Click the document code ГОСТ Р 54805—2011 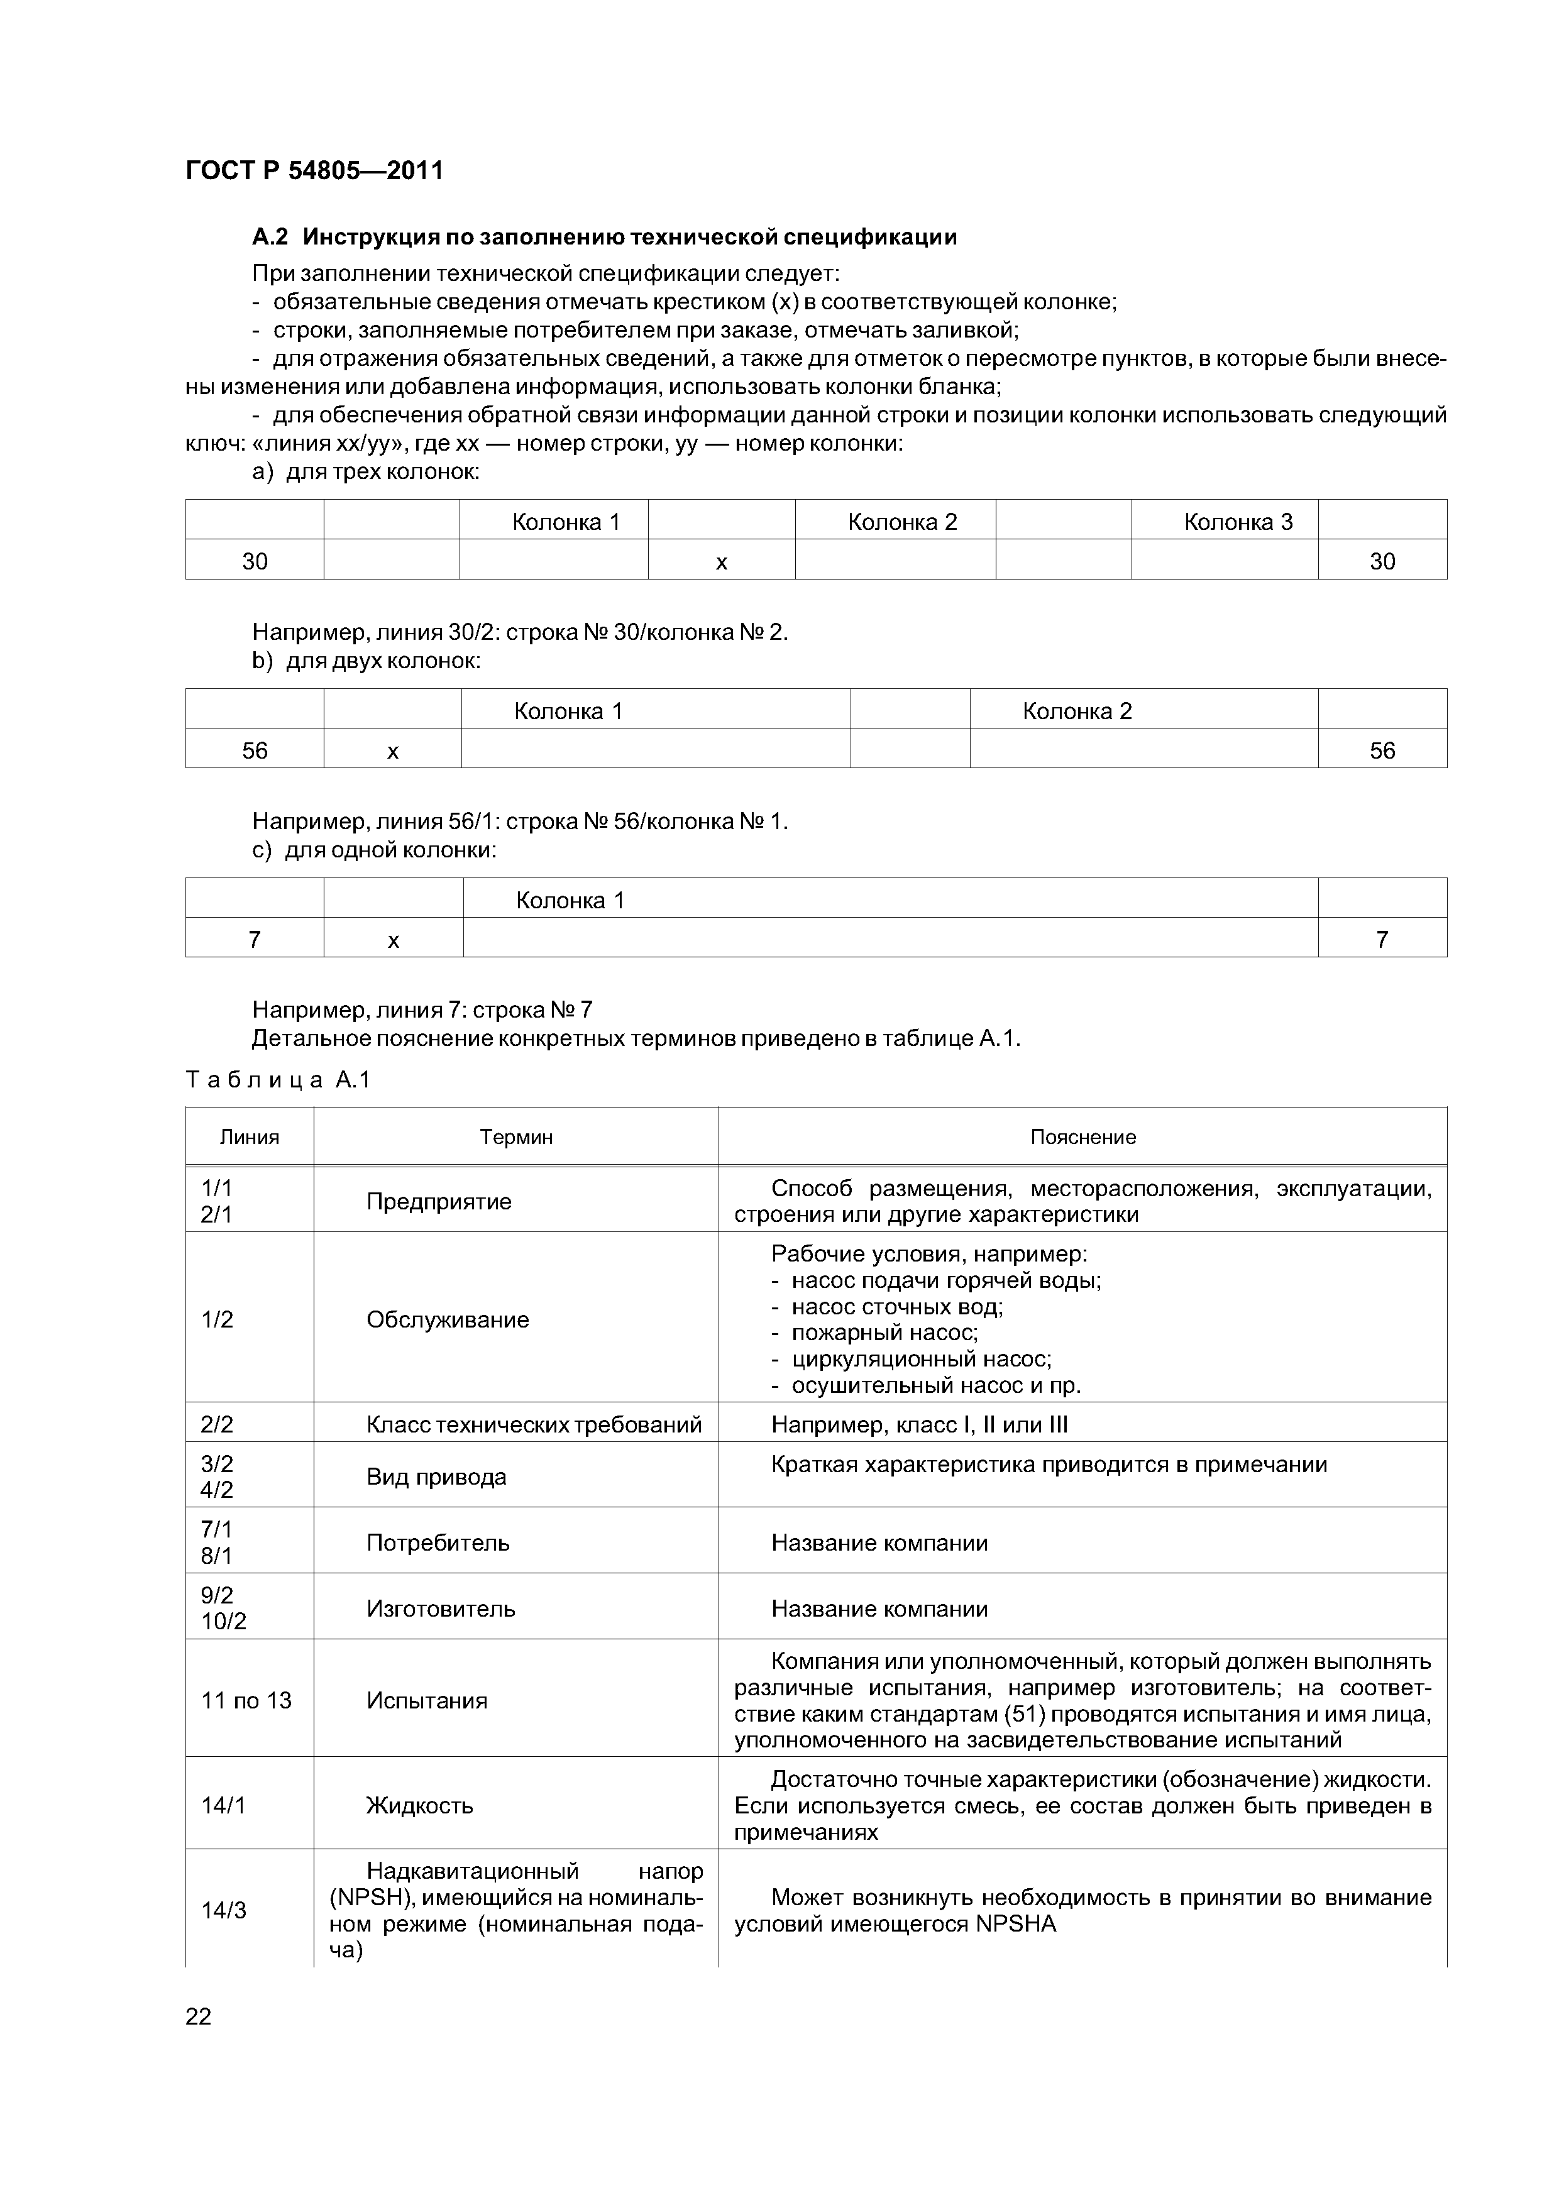pos(314,171)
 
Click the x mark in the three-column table pos(722,562)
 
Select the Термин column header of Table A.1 pos(516,1137)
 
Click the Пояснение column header pos(1082,1137)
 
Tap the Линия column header pos(250,1137)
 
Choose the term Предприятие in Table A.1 pos(439,1201)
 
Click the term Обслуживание pos(448,1319)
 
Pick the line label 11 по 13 pos(246,1700)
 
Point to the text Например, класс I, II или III pos(919,1424)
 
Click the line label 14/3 pos(224,1910)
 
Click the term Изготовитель pos(441,1608)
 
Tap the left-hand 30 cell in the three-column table pos(255,562)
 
